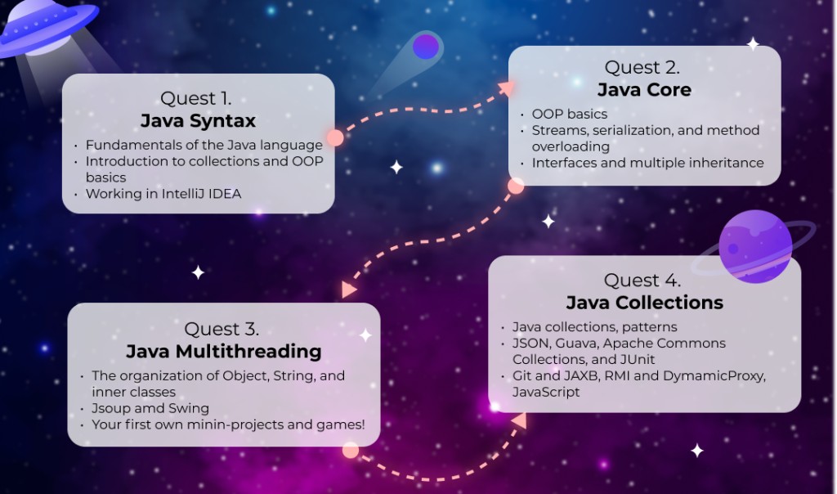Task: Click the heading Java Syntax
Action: point(198,121)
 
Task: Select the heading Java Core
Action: point(644,90)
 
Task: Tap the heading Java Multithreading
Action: point(224,352)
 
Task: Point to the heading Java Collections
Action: point(644,303)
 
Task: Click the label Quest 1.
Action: point(196,98)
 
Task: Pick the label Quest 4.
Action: point(642,281)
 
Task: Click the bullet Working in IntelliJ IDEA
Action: point(163,194)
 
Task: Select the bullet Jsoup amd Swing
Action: point(150,409)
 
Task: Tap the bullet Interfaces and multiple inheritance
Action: point(647,163)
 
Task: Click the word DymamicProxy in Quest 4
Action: point(714,376)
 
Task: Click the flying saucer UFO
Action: point(48,27)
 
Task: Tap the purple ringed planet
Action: point(754,246)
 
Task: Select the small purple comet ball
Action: point(426,47)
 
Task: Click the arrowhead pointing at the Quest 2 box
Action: point(507,88)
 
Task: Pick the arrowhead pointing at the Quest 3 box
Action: point(348,290)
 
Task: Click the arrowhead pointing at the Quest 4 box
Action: point(519,421)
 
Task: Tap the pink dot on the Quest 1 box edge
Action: point(335,137)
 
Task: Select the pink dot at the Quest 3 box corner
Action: point(350,450)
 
